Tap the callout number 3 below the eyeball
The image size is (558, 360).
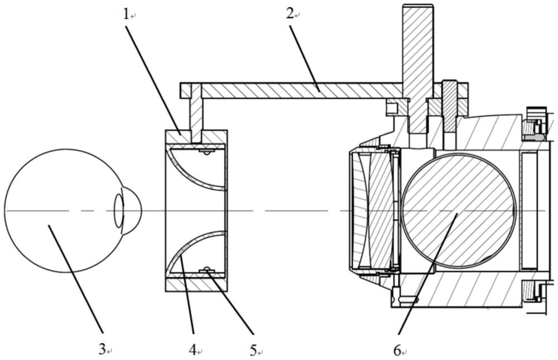pos(102,349)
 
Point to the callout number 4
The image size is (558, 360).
pos(193,351)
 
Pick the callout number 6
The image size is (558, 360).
pos(397,351)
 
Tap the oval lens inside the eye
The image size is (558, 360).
pos(119,211)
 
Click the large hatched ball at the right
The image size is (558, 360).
pos(458,210)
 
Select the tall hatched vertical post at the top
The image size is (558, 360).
pos(418,68)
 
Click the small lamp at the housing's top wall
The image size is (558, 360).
pos(206,152)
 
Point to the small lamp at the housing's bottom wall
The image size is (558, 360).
pos(206,270)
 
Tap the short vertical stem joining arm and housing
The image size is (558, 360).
pos(196,113)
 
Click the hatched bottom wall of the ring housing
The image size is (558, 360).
pos(196,285)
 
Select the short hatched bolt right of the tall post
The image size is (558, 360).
pos(449,107)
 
